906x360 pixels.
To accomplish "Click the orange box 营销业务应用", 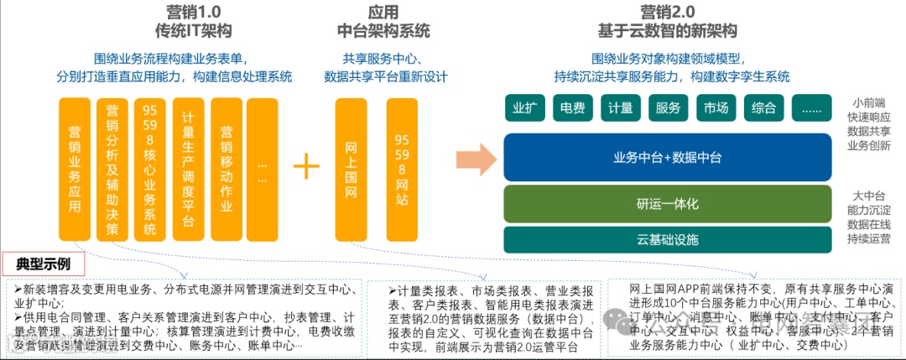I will coord(75,169).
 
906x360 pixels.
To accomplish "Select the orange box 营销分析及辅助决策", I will coord(113,169).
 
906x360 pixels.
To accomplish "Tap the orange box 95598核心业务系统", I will coord(150,169).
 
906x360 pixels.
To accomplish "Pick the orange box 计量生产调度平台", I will coord(189,169).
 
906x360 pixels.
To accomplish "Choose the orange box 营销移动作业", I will coord(226,169).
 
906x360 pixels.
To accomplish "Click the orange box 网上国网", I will coord(351,169).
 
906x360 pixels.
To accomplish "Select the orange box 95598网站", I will coord(402,169).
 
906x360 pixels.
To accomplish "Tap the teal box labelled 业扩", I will coord(524,108).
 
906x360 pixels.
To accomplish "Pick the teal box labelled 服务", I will coord(668,108).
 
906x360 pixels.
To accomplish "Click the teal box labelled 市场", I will coord(716,108).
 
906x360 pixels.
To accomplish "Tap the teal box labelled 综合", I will coord(763,108).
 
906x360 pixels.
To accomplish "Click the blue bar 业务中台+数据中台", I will coord(667,157).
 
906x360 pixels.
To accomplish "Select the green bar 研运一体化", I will coord(667,204).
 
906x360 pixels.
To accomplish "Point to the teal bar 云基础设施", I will coord(667,240).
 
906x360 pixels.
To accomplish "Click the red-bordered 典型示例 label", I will coord(44,263).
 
